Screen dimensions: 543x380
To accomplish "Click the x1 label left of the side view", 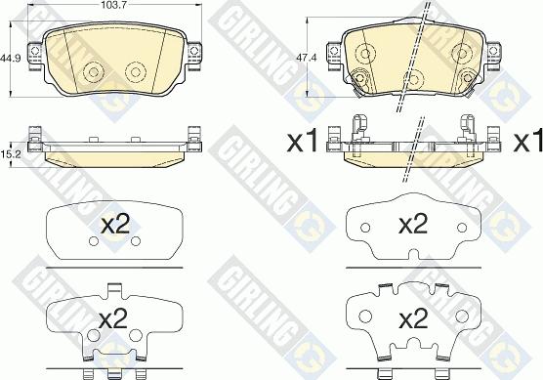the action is pos(303,142).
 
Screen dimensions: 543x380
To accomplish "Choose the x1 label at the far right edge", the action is pos(527,142).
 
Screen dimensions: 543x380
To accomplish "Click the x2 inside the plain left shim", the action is pos(115,225).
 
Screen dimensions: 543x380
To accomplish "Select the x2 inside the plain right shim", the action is pos(413,225).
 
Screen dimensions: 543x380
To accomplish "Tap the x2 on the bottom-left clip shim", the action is pos(113,319).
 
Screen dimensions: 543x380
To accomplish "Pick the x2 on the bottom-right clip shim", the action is pos(413,319).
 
